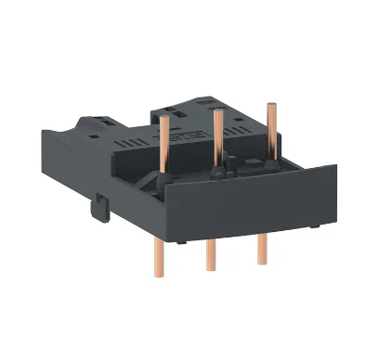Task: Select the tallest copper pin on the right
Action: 270,130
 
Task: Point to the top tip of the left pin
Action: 163,118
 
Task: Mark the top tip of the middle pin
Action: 217,111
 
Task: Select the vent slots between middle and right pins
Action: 243,144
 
